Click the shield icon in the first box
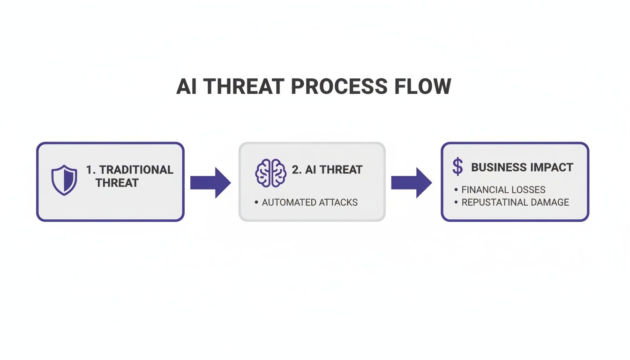[x=64, y=180]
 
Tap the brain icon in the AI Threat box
[x=270, y=172]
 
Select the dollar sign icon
[x=457, y=166]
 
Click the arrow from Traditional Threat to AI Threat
[x=210, y=182]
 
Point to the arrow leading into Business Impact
[x=411, y=182]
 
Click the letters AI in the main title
[x=187, y=87]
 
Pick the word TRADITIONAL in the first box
[x=136, y=170]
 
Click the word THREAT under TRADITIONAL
[x=117, y=183]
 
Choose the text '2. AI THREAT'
[x=327, y=170]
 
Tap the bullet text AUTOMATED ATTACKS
[x=309, y=202]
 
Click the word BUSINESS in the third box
[x=499, y=167]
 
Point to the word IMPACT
[x=553, y=167]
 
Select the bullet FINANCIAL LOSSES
[x=503, y=190]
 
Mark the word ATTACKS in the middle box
[x=338, y=202]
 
